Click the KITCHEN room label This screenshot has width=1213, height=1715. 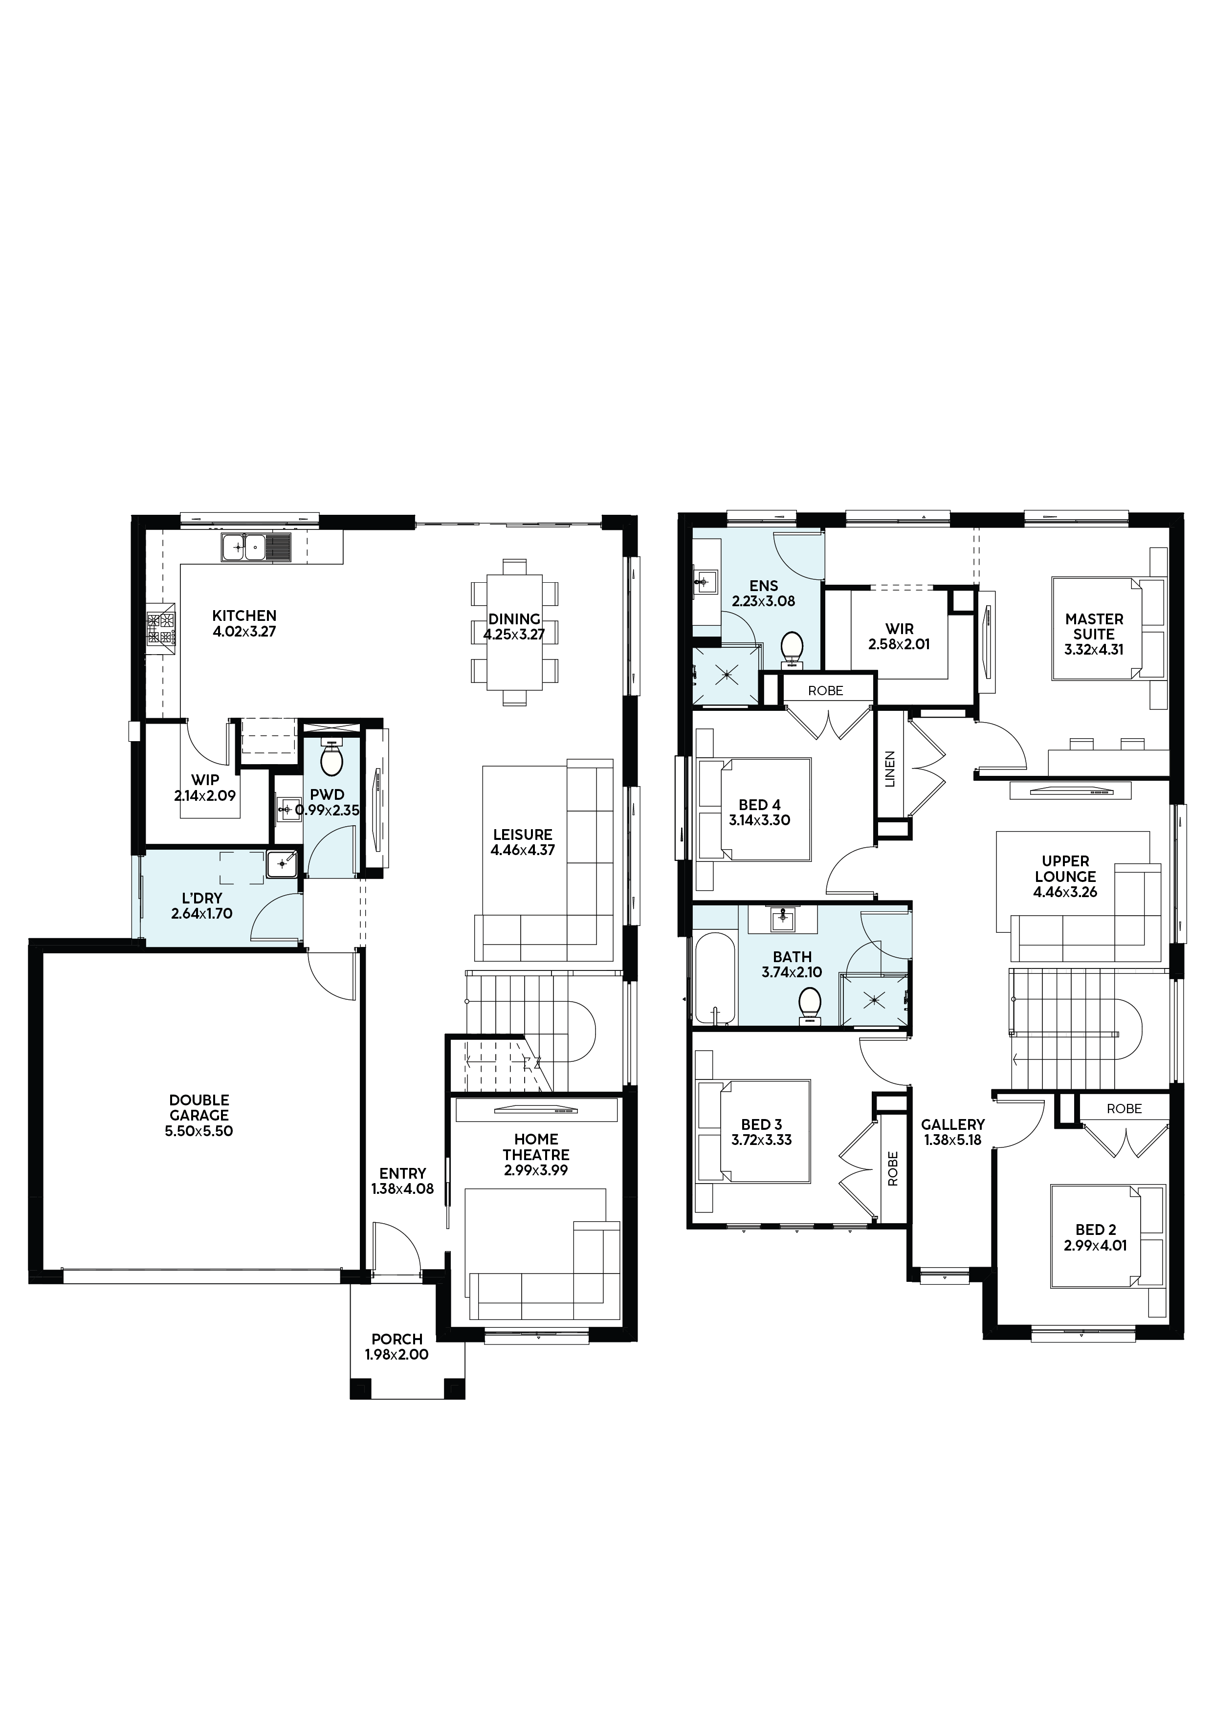[244, 616]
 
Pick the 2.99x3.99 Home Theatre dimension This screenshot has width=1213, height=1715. [536, 1170]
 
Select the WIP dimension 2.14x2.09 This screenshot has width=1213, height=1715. [205, 795]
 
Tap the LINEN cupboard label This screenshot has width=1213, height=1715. [890, 769]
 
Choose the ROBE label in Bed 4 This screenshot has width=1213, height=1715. [825, 691]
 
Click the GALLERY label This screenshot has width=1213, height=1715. [953, 1124]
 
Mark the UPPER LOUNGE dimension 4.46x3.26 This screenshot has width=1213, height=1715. [1065, 892]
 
